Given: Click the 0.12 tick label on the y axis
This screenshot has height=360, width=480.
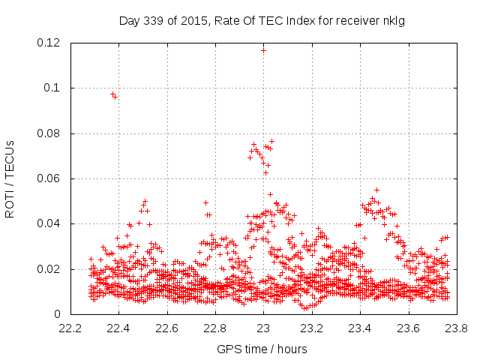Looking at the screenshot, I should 49,43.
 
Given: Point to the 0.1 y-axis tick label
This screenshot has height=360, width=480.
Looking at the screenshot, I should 52,88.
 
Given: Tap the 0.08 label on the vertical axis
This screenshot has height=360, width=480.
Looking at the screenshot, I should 49,133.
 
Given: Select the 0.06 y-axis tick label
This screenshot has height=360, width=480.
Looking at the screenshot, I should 49,178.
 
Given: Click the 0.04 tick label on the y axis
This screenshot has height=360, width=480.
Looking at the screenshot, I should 49,223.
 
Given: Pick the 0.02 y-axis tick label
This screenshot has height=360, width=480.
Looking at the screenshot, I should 49,269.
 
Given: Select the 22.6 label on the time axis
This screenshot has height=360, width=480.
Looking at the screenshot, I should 166,328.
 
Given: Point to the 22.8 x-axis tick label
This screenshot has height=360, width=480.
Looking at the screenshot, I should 215,328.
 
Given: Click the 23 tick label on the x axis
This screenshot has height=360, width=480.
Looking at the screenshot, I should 263,328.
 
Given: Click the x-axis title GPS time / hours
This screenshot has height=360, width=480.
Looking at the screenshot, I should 262,349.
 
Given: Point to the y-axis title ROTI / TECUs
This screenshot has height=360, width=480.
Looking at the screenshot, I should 10,178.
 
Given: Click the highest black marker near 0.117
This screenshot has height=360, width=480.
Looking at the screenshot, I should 263,50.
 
